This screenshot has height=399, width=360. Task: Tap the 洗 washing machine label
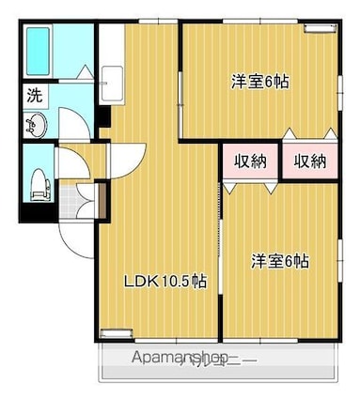34,95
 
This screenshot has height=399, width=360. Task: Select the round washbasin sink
35,124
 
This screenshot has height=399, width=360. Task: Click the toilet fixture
37,179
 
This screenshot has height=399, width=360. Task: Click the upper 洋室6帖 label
259,82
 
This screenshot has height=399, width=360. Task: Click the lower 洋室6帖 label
279,260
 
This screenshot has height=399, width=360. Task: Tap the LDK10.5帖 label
166,281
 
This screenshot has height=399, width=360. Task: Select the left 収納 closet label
251,161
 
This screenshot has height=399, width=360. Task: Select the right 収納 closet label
310,161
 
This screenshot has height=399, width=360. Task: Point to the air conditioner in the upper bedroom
312,27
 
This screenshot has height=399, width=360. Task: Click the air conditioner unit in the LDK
115,331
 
